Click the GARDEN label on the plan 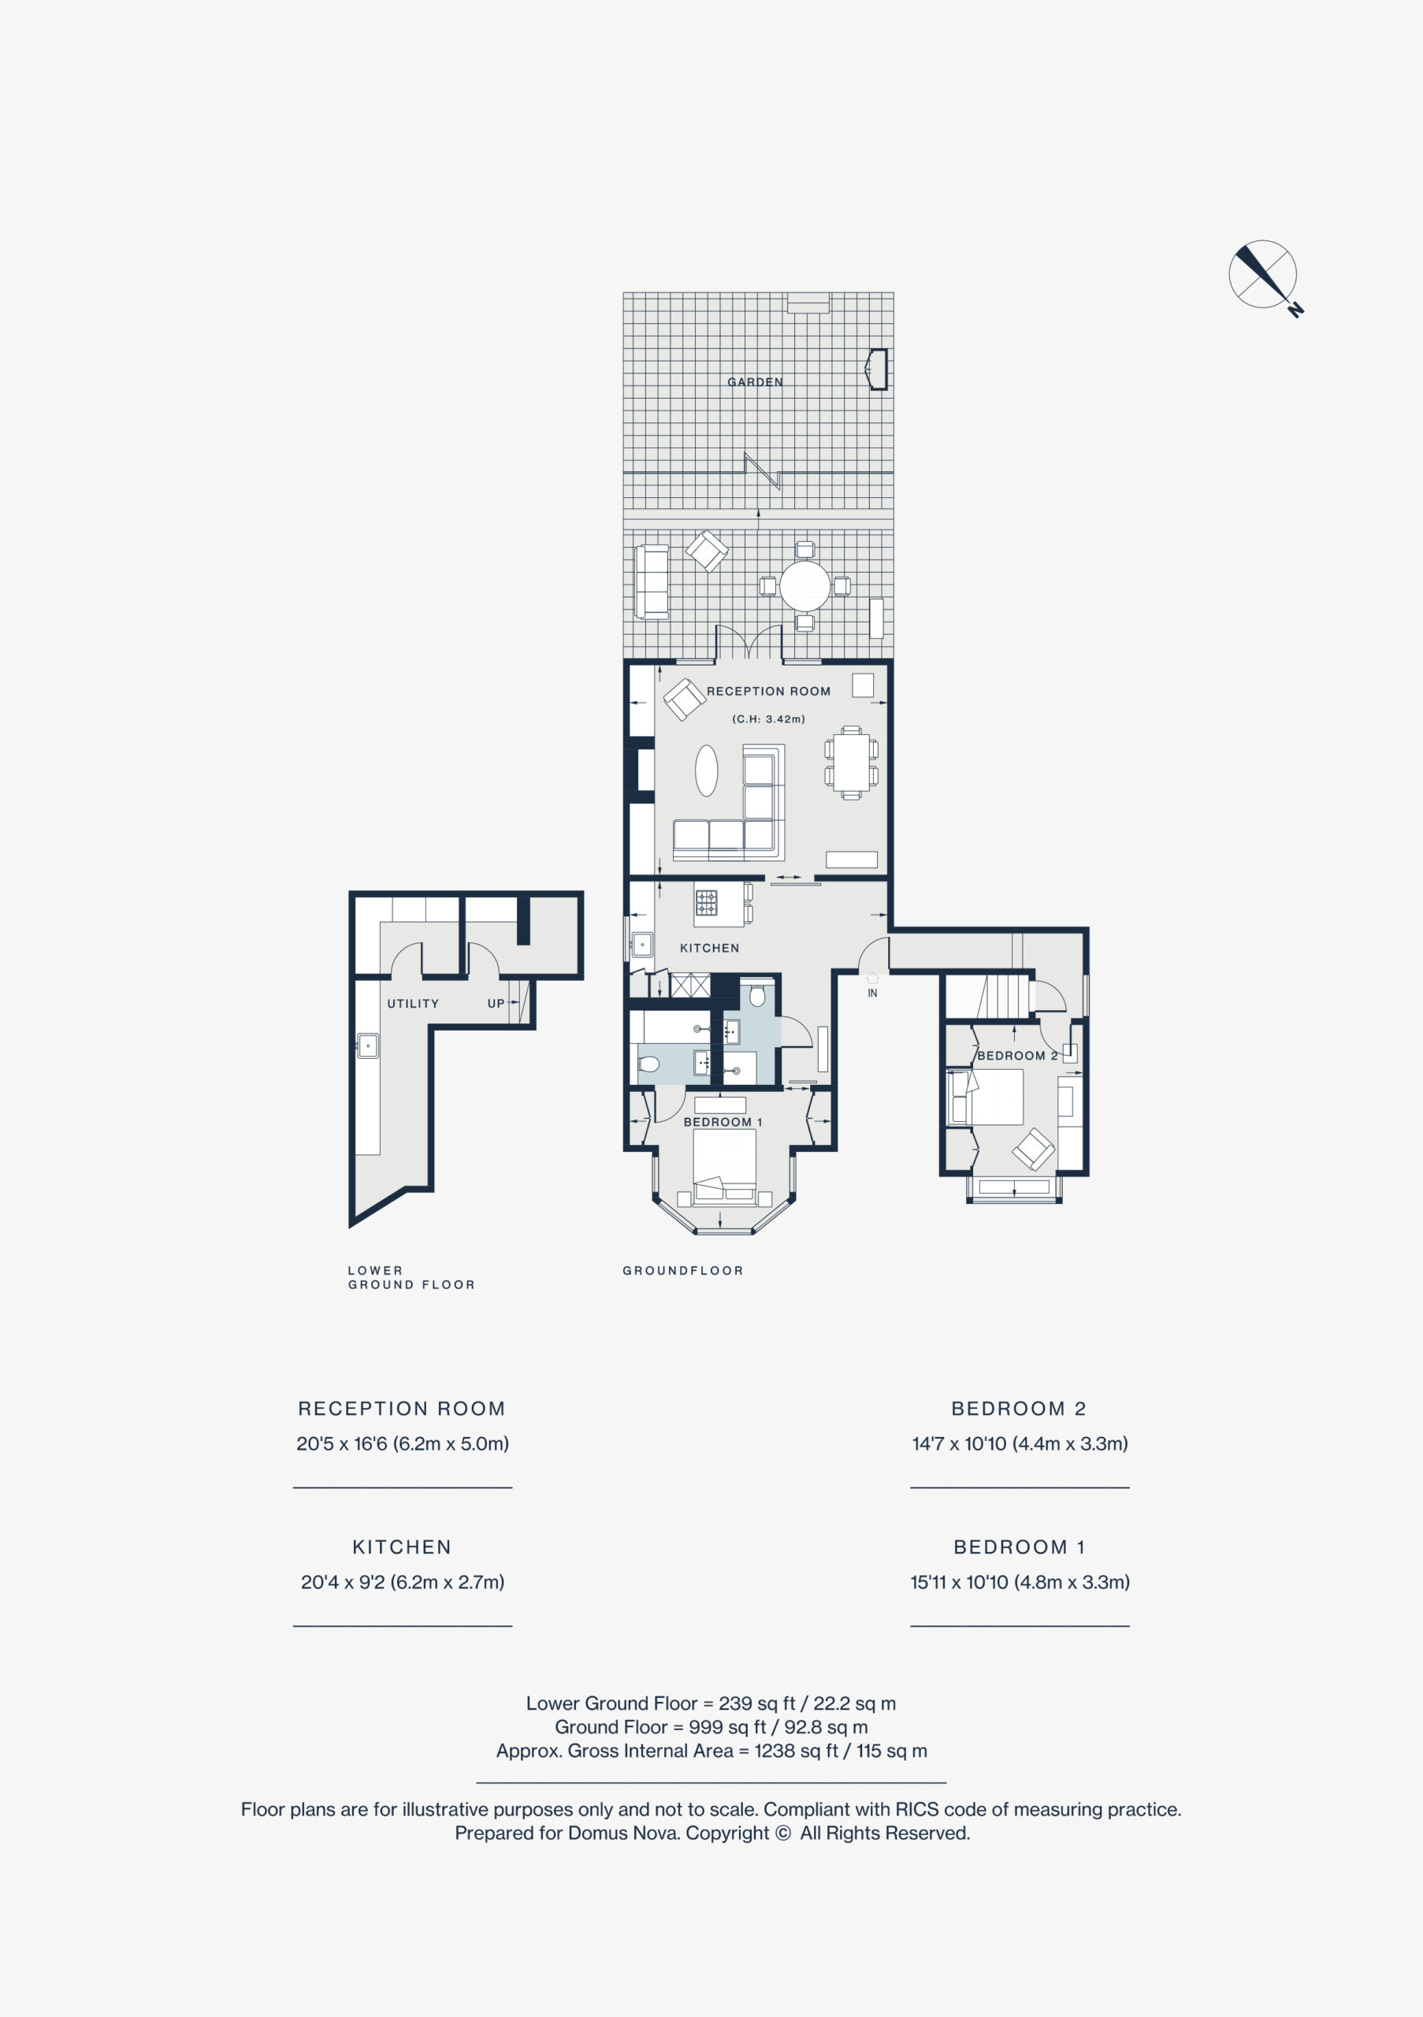pyautogui.click(x=755, y=382)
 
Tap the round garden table pyautogui.click(x=804, y=586)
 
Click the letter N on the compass pyautogui.click(x=1295, y=309)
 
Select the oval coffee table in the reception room pyautogui.click(x=706, y=771)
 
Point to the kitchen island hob pyautogui.click(x=706, y=902)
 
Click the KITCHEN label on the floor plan pyautogui.click(x=710, y=948)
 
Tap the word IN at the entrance pyautogui.click(x=872, y=994)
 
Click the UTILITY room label pyautogui.click(x=413, y=1003)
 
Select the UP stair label pyautogui.click(x=496, y=1003)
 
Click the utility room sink pyautogui.click(x=367, y=1046)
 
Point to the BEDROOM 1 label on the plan pyautogui.click(x=723, y=1122)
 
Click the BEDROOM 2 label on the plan pyautogui.click(x=1017, y=1055)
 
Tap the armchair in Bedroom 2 pyautogui.click(x=1034, y=1148)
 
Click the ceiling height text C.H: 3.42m pyautogui.click(x=768, y=719)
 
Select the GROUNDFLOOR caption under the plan pyautogui.click(x=682, y=1270)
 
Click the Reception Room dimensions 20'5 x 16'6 pyautogui.click(x=342, y=1443)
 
